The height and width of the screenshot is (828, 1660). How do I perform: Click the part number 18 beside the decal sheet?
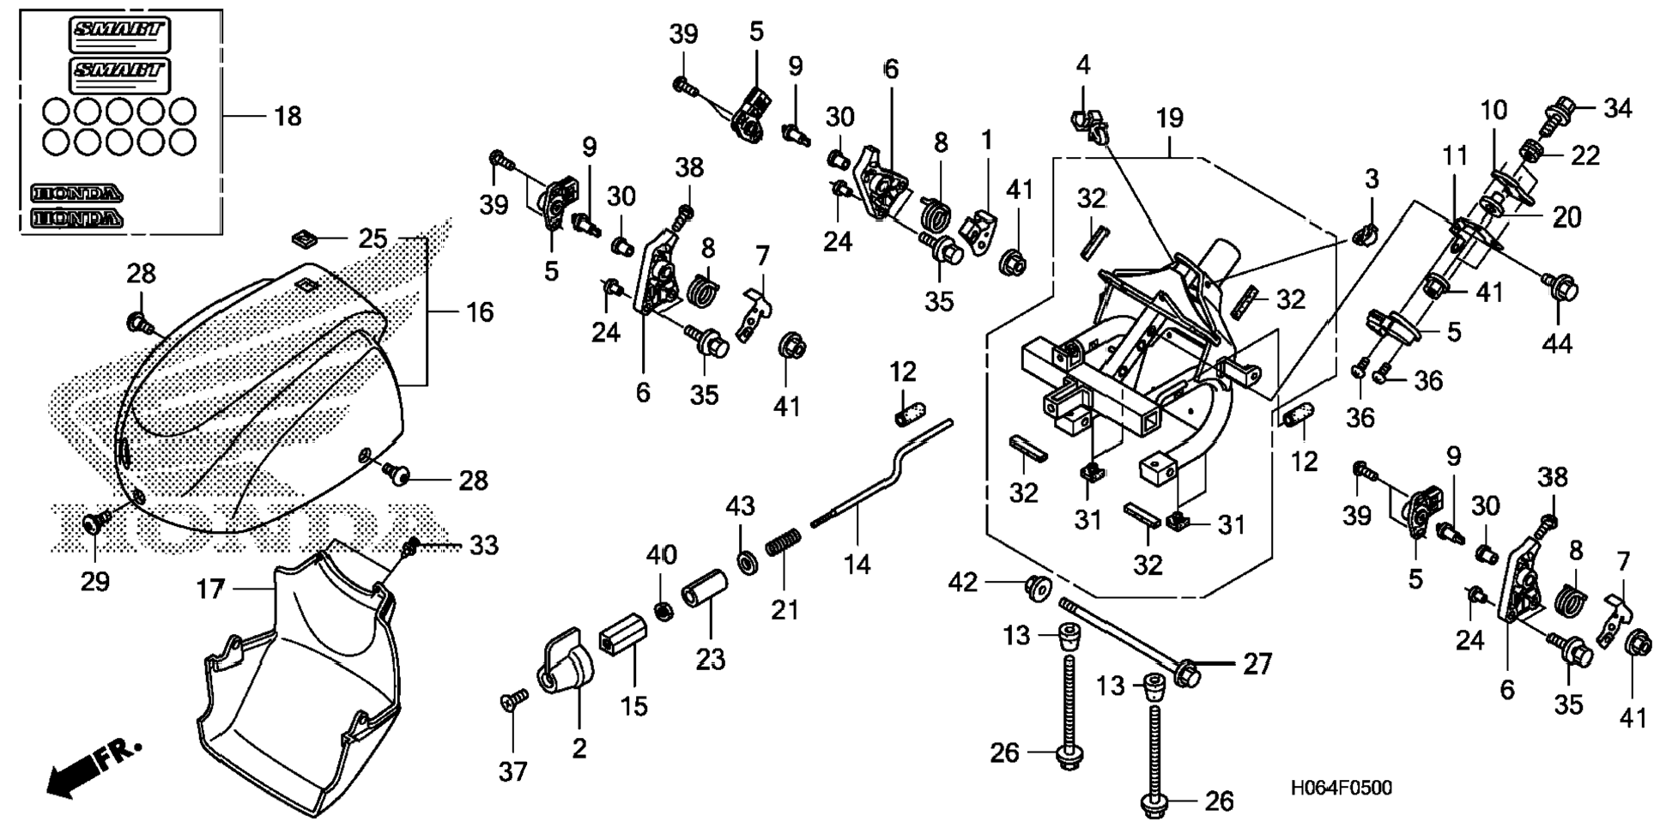point(287,116)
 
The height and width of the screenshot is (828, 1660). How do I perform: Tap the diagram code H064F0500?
point(1341,788)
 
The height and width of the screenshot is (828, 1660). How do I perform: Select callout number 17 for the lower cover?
point(210,589)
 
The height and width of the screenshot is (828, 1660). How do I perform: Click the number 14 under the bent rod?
point(857,564)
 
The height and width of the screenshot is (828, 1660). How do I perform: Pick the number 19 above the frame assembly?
point(1169,118)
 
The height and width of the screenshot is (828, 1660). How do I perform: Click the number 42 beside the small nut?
point(962,583)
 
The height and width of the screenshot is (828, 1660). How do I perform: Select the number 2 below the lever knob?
point(579,748)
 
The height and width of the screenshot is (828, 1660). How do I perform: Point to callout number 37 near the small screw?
point(512,772)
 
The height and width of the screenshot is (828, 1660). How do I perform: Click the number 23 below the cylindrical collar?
point(710,659)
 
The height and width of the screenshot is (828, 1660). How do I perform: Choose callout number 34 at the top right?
point(1617,109)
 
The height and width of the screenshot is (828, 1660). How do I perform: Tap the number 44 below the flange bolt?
point(1557,343)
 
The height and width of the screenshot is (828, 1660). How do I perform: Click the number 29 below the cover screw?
point(95,581)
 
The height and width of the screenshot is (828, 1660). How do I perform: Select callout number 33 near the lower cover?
point(483,545)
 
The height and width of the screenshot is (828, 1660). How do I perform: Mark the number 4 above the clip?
point(1083,65)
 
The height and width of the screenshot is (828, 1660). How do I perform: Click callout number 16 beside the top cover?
point(479,312)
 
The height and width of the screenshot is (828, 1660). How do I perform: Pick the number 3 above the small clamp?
point(1371,179)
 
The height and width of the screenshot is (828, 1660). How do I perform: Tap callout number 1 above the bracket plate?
point(986,140)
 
